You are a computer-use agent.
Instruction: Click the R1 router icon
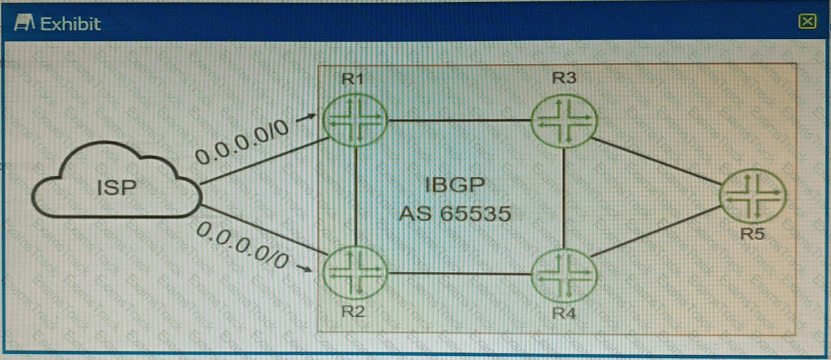[x=355, y=121]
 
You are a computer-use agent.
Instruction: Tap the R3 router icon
[x=563, y=121]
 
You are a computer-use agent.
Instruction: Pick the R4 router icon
[x=563, y=273]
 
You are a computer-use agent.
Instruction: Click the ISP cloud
[x=117, y=187]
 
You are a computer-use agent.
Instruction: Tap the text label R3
[x=564, y=78]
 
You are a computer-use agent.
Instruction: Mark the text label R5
[x=753, y=233]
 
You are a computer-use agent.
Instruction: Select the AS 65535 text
[x=454, y=213]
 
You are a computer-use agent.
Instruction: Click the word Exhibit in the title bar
[x=70, y=24]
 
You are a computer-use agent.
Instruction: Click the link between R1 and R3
[x=458, y=121]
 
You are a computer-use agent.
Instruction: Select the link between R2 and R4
[x=458, y=273]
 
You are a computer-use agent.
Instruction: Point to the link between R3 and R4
[x=563, y=197]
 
